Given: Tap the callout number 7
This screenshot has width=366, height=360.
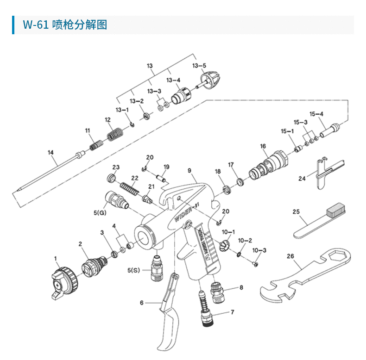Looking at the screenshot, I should tap(232, 313).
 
